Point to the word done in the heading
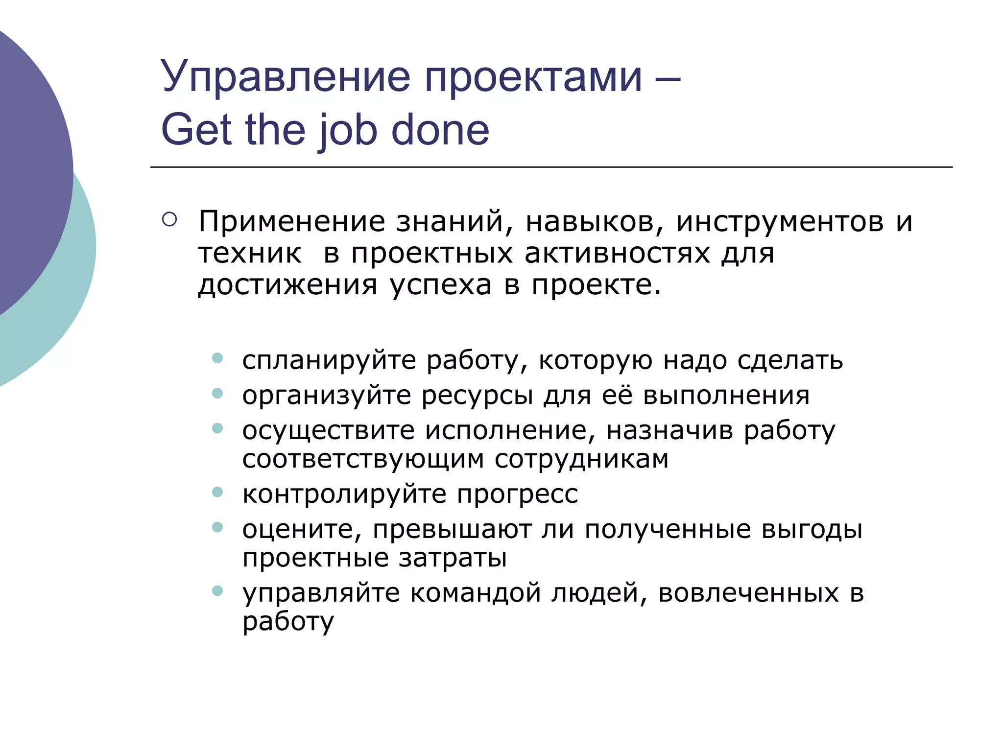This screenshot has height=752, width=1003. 440,130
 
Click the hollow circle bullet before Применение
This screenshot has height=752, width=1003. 169,219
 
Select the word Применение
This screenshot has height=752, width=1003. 291,222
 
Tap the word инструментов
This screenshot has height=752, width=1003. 780,222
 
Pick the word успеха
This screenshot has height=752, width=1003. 441,285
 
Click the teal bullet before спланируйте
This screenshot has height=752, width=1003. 217,358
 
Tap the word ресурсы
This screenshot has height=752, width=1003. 477,396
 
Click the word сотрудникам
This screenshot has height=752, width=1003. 581,460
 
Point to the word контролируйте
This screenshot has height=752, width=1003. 344,494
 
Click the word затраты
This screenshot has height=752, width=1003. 453,558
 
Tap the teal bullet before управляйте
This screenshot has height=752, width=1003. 217,591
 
